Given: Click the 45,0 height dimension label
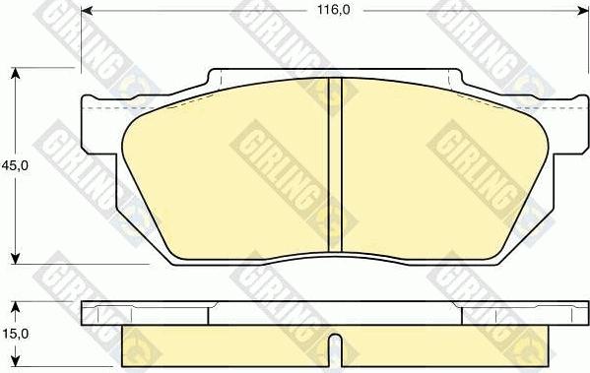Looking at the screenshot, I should (15, 166).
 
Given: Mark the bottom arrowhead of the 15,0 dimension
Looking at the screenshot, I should (14, 367).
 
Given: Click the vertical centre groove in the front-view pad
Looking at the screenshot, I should (334, 167).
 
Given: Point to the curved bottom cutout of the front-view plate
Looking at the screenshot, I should (334, 258).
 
